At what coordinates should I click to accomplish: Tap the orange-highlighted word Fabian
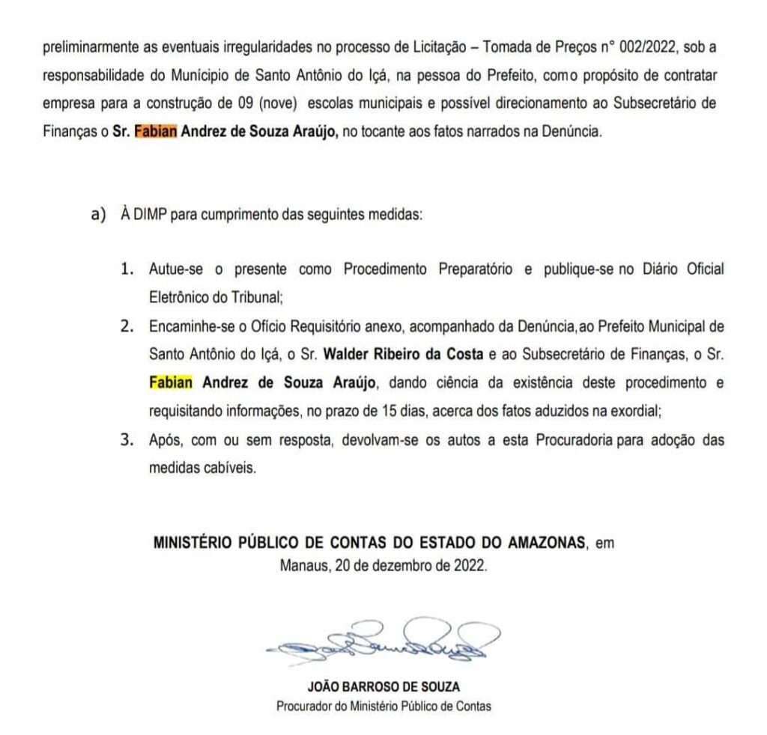tap(156, 132)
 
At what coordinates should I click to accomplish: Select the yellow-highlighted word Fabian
tap(171, 383)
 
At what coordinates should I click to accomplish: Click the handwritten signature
tap(383, 639)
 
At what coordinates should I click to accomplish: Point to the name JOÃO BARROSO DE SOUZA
tap(383, 686)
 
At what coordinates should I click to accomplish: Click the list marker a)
tap(99, 215)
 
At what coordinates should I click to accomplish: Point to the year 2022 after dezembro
tap(470, 566)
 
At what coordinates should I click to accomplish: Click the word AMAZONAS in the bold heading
tap(547, 544)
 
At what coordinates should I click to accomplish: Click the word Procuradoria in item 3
tap(575, 440)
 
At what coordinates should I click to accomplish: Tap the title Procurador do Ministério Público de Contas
tap(383, 705)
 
